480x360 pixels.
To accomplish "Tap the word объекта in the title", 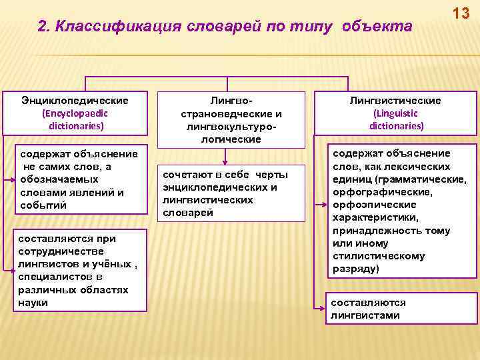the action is pos(378,26).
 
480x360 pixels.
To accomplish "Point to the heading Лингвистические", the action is pos(395,100).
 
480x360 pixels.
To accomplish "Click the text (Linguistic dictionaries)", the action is pos(396,119).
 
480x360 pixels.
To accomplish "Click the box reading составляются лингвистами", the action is pos(401,309).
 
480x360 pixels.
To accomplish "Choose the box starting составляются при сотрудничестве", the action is pos(80,271).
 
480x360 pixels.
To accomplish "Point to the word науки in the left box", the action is pos(33,303).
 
